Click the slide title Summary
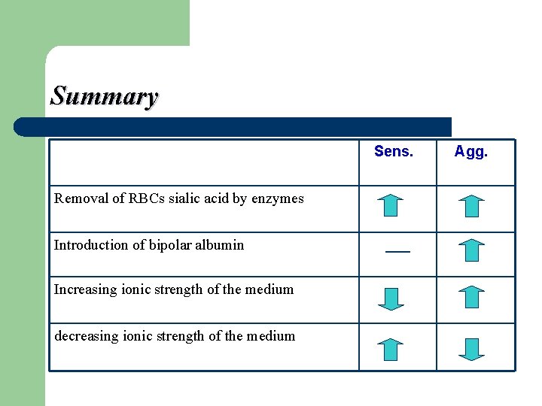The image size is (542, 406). (104, 96)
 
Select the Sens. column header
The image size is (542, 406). (394, 152)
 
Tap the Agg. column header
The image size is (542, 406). (471, 152)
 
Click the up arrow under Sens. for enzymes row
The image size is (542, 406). (390, 205)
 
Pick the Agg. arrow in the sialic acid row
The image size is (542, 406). (471, 205)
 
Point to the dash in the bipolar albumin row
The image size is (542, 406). (397, 251)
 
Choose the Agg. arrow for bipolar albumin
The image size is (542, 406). (471, 250)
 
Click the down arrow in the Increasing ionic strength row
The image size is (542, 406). (390, 298)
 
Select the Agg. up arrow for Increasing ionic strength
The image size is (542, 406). (471, 297)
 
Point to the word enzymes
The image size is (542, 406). (278, 199)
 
